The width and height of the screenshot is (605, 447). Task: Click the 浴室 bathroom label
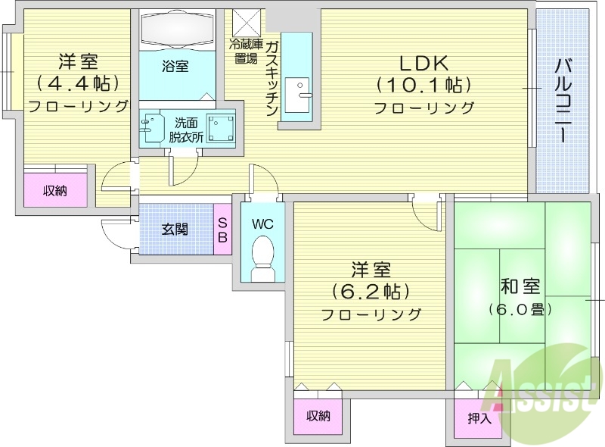(175, 67)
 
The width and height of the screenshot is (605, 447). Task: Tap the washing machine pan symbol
(221, 128)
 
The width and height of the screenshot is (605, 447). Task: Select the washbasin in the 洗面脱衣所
(153, 128)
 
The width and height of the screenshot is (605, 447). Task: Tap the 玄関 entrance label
(175, 229)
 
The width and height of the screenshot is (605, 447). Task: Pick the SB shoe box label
(223, 229)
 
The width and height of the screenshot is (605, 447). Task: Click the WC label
(262, 225)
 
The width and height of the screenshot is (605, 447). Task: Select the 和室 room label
(520, 287)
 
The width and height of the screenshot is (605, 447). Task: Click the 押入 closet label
(479, 417)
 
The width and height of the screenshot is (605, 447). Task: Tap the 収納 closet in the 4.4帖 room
(54, 190)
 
